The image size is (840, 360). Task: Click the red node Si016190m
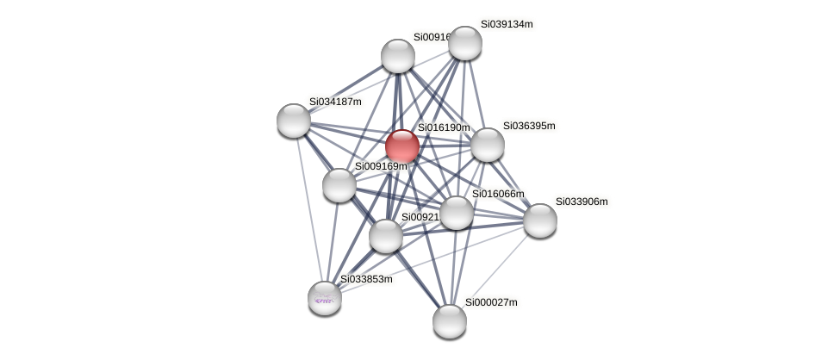[402, 146]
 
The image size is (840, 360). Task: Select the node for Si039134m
[465, 43]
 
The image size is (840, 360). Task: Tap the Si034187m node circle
[294, 121]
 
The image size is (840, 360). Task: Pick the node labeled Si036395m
[488, 145]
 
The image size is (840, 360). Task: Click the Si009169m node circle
[339, 185]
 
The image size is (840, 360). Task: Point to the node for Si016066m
[457, 213]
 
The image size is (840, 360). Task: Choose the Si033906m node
[540, 220]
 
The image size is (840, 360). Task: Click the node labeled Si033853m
[325, 298]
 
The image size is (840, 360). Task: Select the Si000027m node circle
[450, 321]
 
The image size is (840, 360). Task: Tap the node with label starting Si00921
[386, 236]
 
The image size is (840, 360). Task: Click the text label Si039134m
[507, 24]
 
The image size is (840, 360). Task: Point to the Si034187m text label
[335, 102]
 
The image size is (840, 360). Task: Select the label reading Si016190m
[444, 127]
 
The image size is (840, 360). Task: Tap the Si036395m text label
[529, 126]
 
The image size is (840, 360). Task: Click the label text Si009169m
[381, 166]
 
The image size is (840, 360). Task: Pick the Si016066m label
[497, 194]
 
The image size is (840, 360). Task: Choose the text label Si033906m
[581, 202]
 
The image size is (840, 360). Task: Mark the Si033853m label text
[366, 279]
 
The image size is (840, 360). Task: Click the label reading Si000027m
[491, 302]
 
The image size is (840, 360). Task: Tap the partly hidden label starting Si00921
[420, 217]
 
